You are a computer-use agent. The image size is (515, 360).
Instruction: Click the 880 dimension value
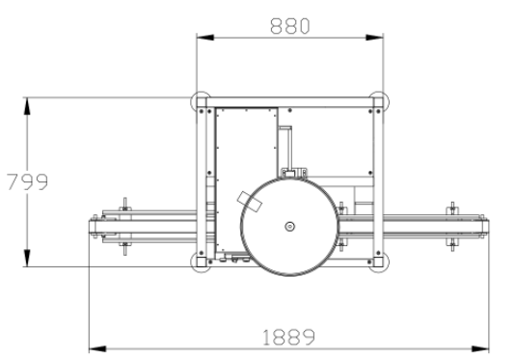[x=289, y=26]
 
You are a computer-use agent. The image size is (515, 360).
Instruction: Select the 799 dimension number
[x=28, y=181]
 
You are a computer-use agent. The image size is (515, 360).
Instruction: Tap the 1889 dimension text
[x=289, y=337]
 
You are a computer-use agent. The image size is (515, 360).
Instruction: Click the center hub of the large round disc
[x=289, y=226]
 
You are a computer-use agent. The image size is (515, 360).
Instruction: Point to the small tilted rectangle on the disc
[x=250, y=202]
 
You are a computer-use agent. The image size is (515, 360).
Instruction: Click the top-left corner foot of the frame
[x=201, y=101]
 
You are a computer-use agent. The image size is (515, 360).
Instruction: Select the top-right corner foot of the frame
[x=379, y=101]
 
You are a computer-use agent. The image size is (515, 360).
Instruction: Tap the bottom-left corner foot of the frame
[x=201, y=263]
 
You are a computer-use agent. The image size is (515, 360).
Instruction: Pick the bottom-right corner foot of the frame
[x=379, y=263]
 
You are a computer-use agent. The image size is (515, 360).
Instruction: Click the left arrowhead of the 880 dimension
[x=205, y=38]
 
